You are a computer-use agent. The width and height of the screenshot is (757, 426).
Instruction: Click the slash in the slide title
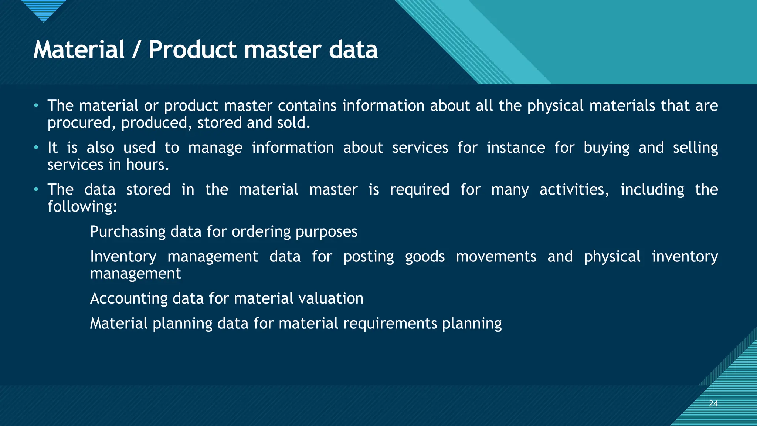pos(136,50)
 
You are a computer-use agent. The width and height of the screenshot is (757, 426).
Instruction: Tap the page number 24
pos(713,403)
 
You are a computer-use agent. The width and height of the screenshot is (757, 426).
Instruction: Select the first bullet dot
pos(36,106)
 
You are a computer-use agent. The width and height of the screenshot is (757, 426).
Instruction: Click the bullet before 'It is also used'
pos(36,148)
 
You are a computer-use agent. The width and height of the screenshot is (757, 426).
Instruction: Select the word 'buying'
pos(606,148)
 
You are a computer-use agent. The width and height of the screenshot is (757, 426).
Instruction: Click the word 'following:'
pos(82,206)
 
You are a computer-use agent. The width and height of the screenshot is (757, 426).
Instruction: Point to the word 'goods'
pos(425,257)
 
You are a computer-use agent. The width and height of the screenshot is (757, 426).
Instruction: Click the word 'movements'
pos(496,257)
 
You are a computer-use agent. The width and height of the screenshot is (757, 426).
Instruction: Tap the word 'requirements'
pos(390,324)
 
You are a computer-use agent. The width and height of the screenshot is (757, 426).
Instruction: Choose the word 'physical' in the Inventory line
pos(612,257)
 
